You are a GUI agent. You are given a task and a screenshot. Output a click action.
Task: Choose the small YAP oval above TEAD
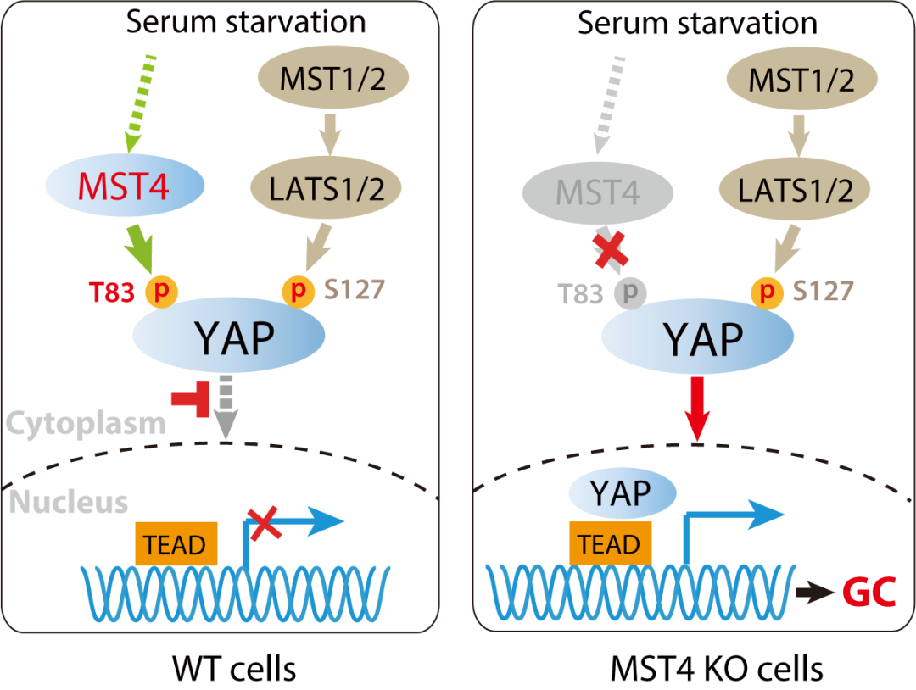pos(621,491)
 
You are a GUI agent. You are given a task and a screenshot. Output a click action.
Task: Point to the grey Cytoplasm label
pos(87,421)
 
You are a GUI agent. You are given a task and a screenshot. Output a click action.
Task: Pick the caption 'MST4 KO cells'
pos(717,670)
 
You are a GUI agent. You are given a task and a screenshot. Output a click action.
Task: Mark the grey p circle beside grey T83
pos(628,292)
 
